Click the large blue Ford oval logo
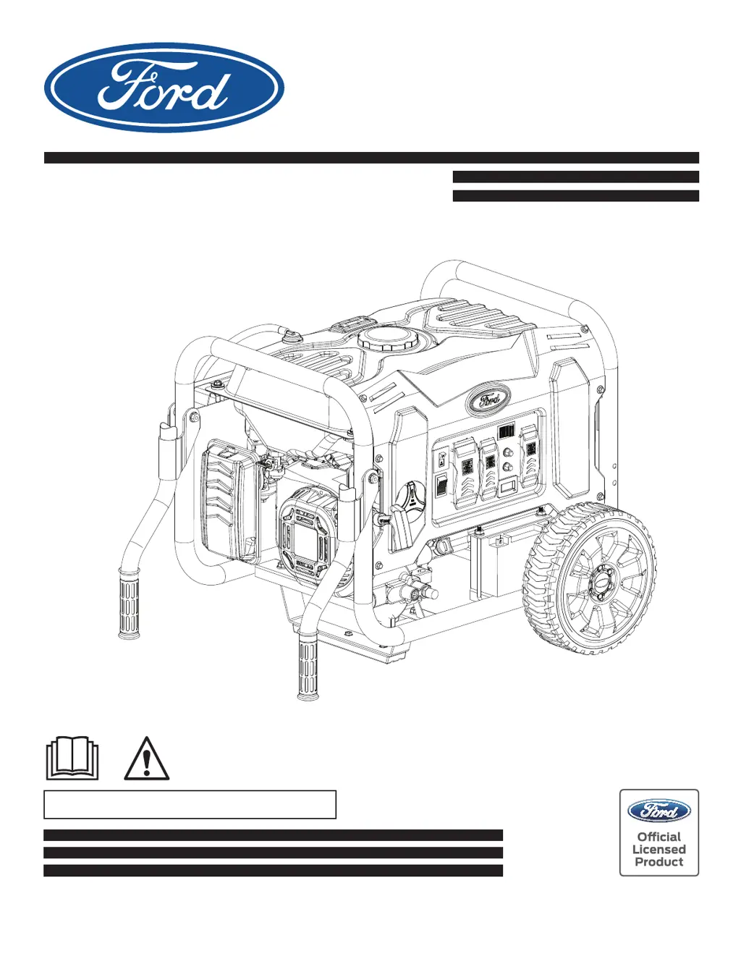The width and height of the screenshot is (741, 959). click(x=164, y=88)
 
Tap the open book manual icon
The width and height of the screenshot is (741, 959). click(x=72, y=758)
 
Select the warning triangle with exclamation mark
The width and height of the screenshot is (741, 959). click(x=146, y=759)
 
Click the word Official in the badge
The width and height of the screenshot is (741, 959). click(x=659, y=837)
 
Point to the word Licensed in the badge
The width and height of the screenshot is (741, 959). click(x=659, y=850)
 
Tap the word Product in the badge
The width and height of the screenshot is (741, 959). click(x=659, y=862)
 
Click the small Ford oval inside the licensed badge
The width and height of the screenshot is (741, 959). click(x=659, y=811)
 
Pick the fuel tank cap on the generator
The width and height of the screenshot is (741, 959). click(x=384, y=339)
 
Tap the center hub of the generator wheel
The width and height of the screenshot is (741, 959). click(x=600, y=580)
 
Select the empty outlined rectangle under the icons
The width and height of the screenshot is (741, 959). click(x=190, y=804)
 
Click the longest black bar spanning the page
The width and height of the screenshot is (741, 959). click(x=371, y=158)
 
